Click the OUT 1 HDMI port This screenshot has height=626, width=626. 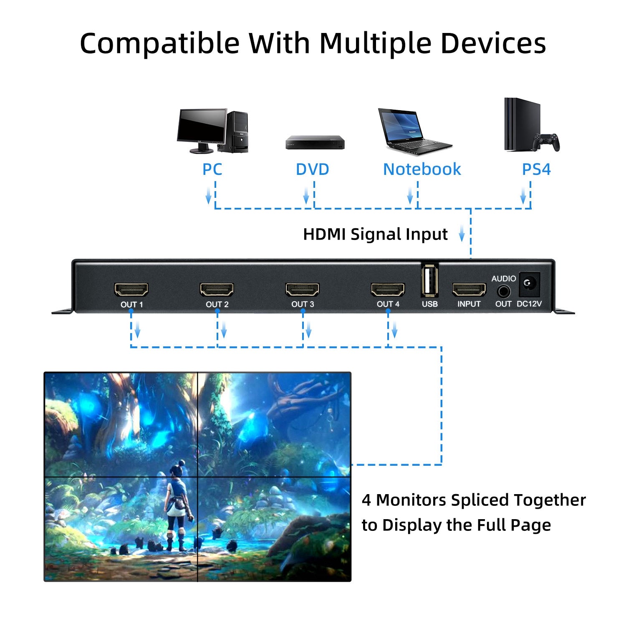131,289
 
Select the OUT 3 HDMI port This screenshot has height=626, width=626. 302,289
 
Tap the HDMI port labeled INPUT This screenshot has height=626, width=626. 469,289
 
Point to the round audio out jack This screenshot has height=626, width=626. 503,290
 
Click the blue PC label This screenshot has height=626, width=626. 212,169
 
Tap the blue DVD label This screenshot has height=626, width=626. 312,169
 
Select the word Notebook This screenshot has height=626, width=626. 422,169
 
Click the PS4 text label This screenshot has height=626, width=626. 536,169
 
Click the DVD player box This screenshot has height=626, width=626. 315,142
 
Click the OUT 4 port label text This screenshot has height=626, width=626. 388,304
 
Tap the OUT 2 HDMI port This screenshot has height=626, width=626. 217,289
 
